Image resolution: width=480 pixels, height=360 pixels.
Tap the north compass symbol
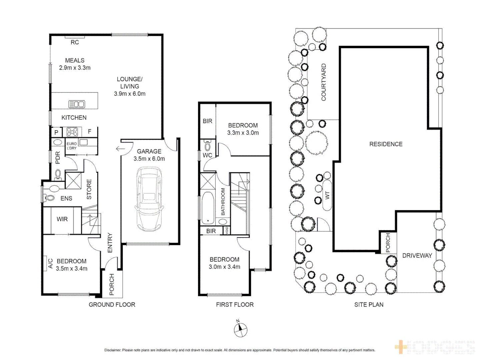pyautogui.click(x=240, y=330)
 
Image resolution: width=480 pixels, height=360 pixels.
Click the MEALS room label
pyautogui.click(x=75, y=60)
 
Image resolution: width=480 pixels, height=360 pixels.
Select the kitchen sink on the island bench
pyautogui.click(x=77, y=104)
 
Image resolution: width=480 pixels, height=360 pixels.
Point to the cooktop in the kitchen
pyautogui.click(x=72, y=132)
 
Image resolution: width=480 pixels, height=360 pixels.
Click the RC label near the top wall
pyautogui.click(x=75, y=42)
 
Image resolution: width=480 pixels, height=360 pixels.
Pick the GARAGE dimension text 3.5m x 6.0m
pyautogui.click(x=149, y=159)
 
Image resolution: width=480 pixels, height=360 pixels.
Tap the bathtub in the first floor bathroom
pyautogui.click(x=208, y=208)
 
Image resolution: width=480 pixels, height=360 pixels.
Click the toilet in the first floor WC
pyautogui.click(x=207, y=146)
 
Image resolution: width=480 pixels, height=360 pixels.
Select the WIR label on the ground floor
pyautogui.click(x=62, y=219)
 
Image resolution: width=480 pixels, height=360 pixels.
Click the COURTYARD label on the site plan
pyautogui.click(x=324, y=82)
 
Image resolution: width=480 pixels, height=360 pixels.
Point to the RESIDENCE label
pyautogui.click(x=386, y=144)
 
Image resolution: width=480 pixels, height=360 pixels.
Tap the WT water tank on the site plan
pyautogui.click(x=327, y=195)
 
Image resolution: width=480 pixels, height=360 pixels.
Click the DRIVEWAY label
pyautogui.click(x=417, y=255)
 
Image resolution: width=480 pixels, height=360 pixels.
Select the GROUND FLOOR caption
pyautogui.click(x=112, y=304)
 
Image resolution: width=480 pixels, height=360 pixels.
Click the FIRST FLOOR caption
pyautogui.click(x=235, y=304)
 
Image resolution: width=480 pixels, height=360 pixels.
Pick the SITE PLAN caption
pyautogui.click(x=369, y=304)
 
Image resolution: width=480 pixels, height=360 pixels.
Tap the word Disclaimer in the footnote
pyautogui.click(x=112, y=350)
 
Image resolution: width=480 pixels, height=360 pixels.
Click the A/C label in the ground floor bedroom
pyautogui.click(x=50, y=263)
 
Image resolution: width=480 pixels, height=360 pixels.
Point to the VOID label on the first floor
pyautogui.click(x=227, y=230)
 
